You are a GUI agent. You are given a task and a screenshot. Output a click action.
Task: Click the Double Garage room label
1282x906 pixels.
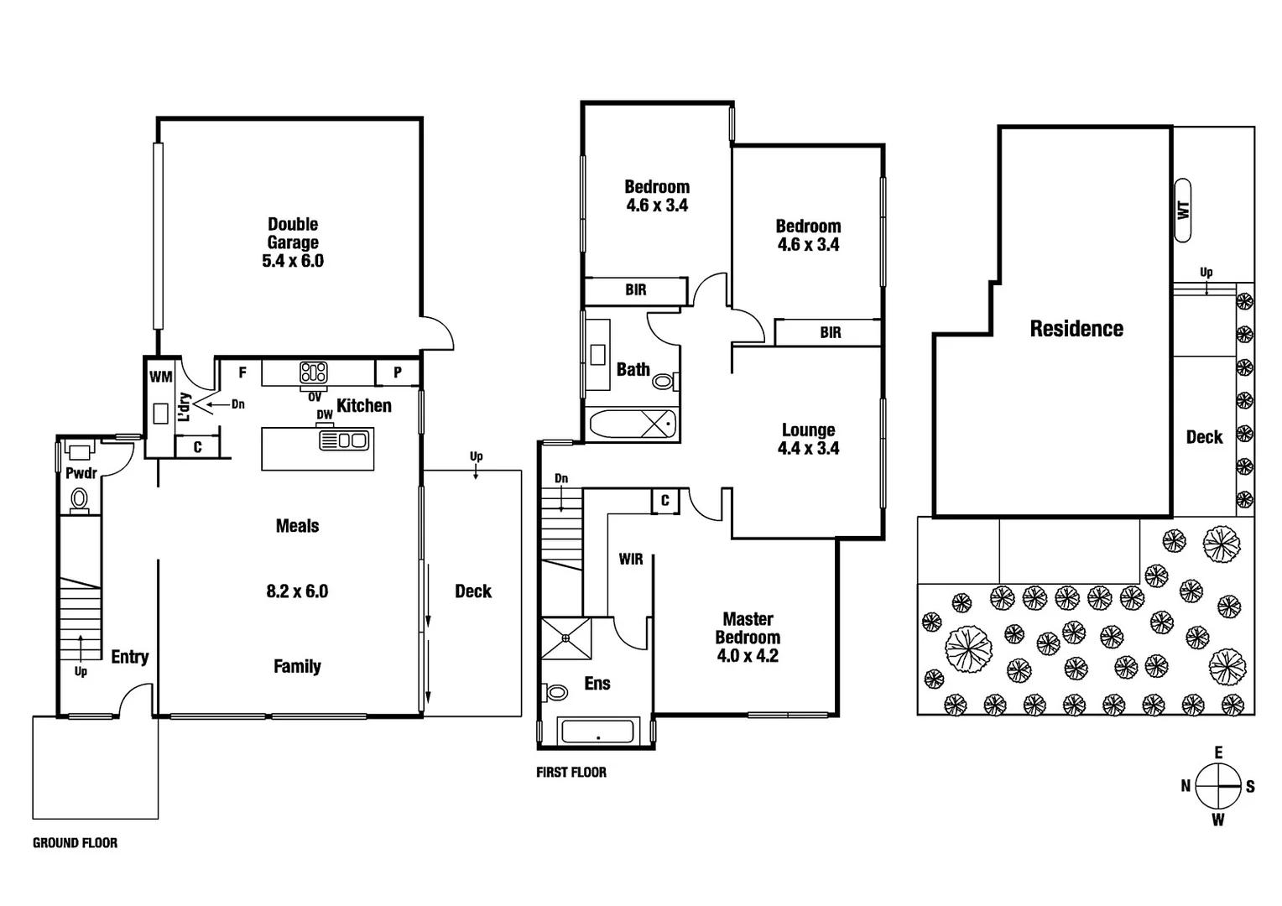(x=292, y=242)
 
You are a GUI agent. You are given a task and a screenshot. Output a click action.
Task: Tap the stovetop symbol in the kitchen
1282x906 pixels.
(x=314, y=372)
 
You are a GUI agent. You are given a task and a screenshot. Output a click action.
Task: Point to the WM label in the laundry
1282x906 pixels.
(x=160, y=377)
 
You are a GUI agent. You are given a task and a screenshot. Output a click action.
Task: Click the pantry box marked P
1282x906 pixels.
(x=398, y=372)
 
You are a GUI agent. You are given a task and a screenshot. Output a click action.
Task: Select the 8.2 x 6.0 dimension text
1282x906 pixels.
(x=297, y=591)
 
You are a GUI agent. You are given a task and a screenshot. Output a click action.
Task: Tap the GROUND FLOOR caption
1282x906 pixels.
(x=75, y=843)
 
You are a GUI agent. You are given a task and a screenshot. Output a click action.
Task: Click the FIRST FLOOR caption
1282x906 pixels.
(x=571, y=773)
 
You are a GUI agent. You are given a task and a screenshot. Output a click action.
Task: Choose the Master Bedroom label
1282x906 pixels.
(x=747, y=637)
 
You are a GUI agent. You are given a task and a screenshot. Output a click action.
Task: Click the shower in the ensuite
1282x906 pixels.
(x=565, y=638)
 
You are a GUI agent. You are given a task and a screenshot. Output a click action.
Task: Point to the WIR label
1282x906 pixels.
(x=631, y=559)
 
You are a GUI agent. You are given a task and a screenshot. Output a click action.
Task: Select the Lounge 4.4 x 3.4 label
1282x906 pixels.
(x=808, y=439)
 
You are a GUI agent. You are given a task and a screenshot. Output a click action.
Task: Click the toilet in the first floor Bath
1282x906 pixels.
(x=664, y=383)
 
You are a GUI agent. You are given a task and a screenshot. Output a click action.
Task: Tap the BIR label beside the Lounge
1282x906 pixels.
(x=830, y=333)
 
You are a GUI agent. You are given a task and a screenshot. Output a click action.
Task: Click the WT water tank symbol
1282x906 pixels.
(x=1183, y=210)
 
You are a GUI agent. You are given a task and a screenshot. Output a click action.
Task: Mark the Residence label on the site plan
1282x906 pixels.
(x=1076, y=329)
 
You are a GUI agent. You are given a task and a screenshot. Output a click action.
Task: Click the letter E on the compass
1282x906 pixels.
(x=1218, y=752)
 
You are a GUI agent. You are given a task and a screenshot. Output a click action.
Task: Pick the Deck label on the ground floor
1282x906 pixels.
(x=472, y=591)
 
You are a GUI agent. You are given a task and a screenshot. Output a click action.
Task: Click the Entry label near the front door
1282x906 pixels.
(x=129, y=657)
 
